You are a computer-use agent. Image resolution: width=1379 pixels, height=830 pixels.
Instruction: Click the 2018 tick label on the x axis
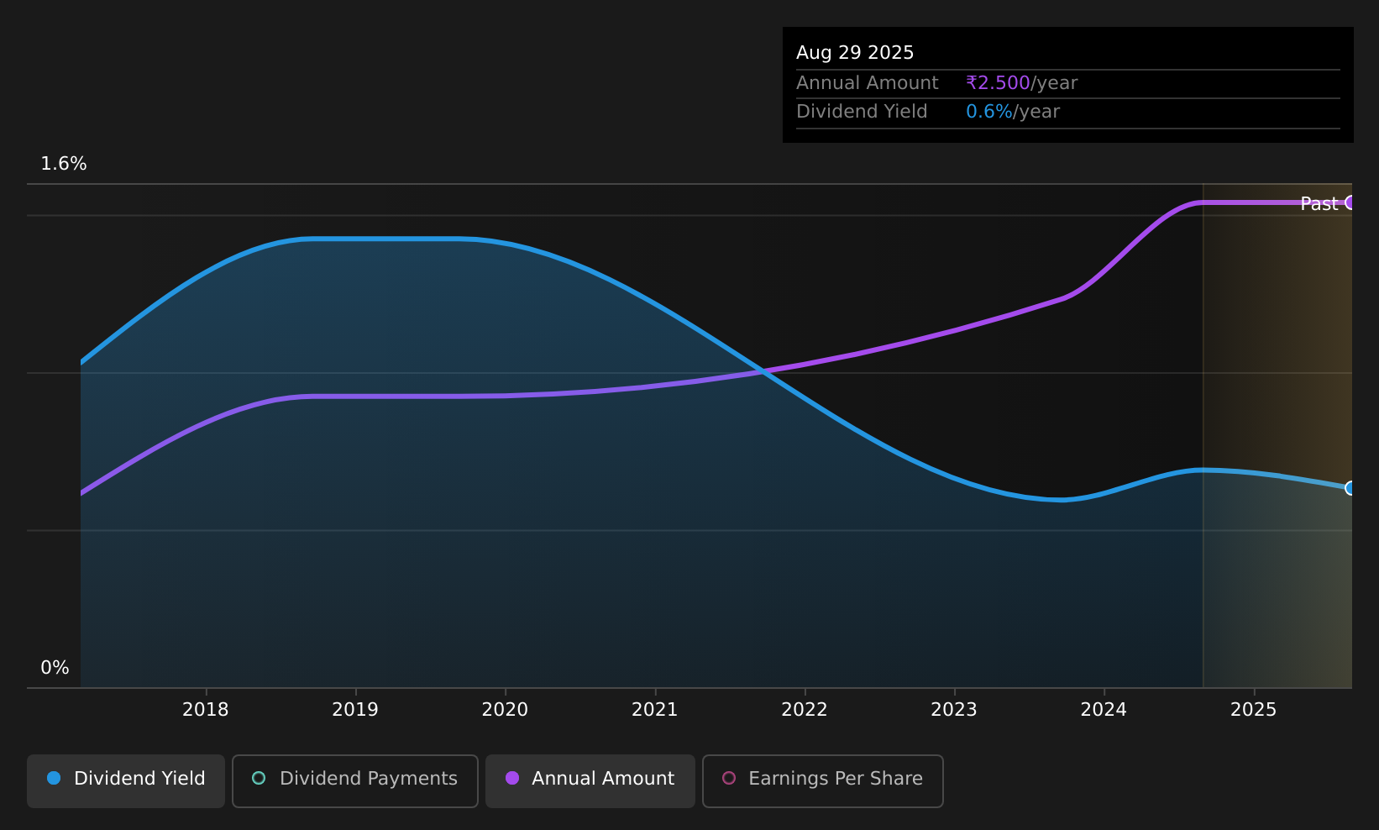click(206, 710)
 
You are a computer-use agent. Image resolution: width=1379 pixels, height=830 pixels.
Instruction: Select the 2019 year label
click(355, 710)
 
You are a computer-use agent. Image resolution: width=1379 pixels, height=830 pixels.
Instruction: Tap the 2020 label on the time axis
click(505, 710)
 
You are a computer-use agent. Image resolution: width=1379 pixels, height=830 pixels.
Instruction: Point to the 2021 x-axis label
click(655, 710)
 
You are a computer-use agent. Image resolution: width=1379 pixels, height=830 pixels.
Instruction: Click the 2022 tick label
click(805, 710)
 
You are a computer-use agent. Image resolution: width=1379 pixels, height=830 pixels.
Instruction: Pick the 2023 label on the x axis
click(954, 710)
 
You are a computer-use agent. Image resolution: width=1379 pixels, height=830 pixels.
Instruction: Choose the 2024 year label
click(1104, 710)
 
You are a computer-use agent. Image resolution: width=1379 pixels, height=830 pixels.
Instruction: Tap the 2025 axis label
click(1254, 710)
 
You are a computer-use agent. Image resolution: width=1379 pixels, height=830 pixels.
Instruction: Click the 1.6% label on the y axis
click(64, 164)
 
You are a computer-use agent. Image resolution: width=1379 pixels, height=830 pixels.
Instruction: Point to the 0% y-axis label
click(55, 668)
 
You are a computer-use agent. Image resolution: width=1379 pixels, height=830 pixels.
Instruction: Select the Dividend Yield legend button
click(126, 780)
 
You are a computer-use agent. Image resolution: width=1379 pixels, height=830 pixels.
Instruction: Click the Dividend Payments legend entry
click(355, 780)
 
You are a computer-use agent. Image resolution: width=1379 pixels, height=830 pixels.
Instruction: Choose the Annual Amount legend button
click(590, 780)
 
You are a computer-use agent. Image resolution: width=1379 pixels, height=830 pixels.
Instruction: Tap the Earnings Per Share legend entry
click(823, 780)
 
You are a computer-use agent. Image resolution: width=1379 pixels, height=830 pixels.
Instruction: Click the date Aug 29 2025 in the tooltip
click(855, 53)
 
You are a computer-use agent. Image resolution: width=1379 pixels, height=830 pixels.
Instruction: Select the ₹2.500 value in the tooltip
click(998, 82)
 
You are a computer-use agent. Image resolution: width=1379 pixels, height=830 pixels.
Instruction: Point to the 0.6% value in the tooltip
click(988, 112)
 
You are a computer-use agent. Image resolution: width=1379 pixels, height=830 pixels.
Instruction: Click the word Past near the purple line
click(1319, 204)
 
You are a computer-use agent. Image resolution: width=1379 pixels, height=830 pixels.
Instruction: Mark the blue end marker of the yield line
click(1350, 488)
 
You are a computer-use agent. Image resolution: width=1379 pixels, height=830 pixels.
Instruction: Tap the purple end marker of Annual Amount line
click(1350, 202)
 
